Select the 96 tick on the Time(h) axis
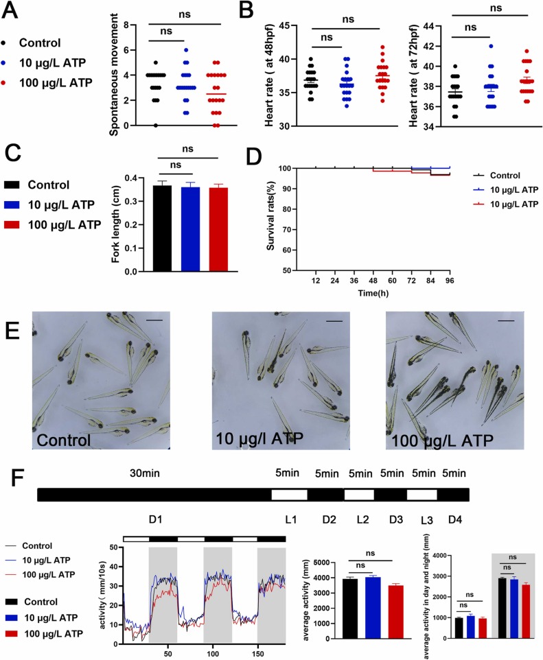pos(450,282)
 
